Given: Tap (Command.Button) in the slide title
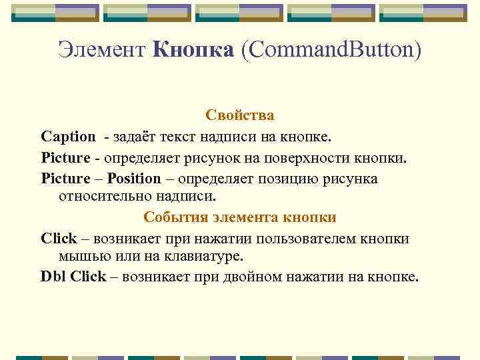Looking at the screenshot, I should point(331,51).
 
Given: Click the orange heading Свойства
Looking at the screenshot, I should point(240,116).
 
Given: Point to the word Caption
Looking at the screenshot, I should point(68,137).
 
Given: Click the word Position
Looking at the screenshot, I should point(134,179).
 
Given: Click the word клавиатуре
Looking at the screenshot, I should point(204,257).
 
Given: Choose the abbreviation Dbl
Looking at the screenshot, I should point(53,277).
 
